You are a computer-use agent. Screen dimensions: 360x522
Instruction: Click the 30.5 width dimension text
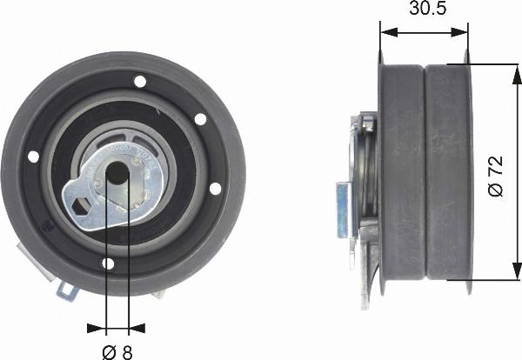click(x=424, y=11)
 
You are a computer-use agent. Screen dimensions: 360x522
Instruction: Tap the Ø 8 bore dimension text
click(x=116, y=350)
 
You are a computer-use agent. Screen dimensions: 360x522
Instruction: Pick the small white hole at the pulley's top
click(x=139, y=82)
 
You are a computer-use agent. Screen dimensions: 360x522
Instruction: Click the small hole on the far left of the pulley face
click(x=34, y=157)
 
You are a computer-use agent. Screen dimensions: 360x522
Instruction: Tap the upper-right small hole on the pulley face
click(x=199, y=118)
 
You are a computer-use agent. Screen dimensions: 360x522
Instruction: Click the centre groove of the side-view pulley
click(x=425, y=174)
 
